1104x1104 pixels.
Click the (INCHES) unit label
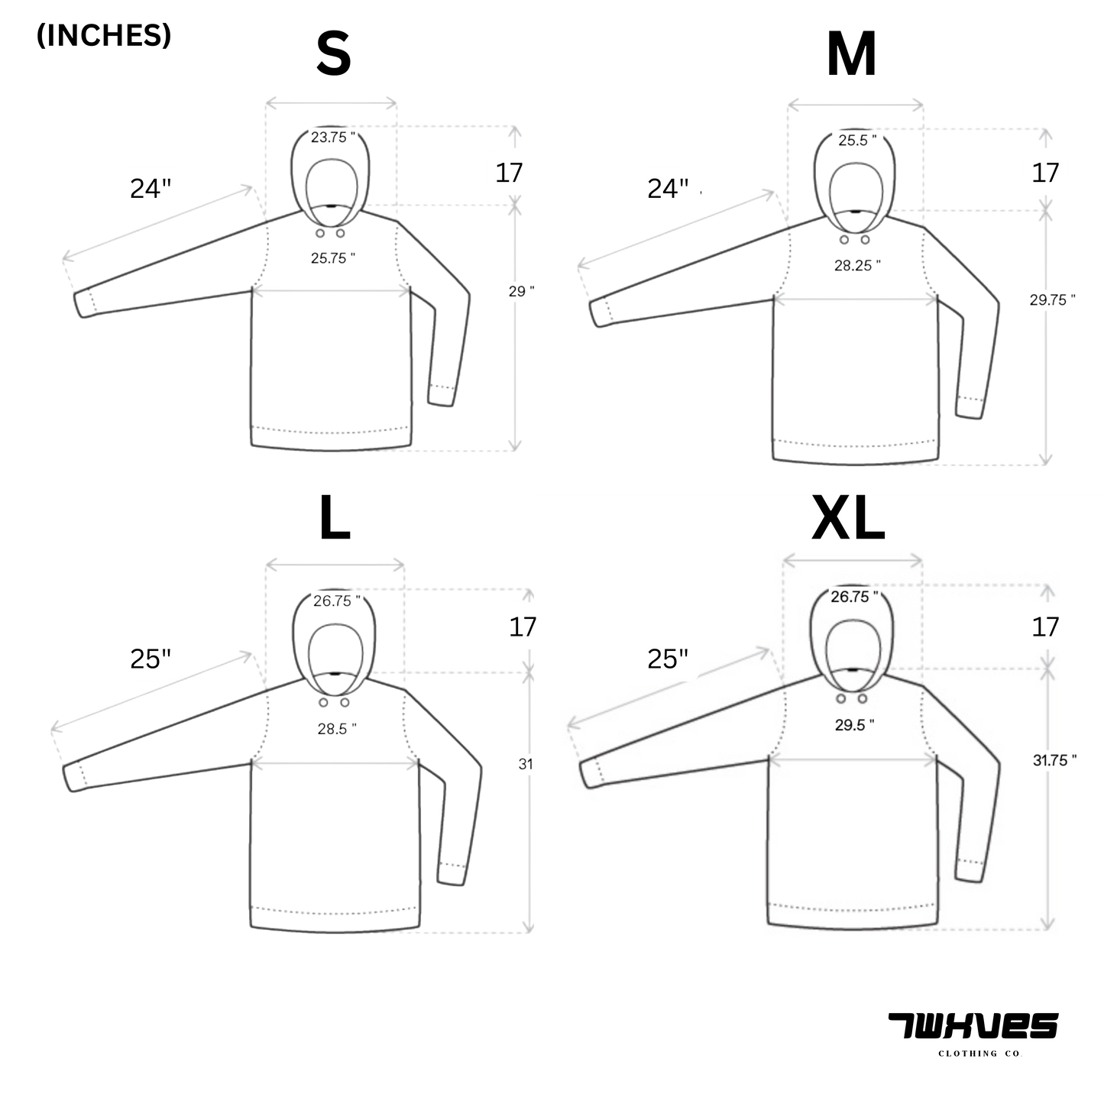[x=104, y=35]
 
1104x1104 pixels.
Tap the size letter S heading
[x=333, y=53]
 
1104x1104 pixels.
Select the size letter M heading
[x=851, y=53]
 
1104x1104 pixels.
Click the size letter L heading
[x=335, y=517]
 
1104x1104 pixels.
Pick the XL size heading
[x=849, y=518]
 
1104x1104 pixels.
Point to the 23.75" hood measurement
[x=333, y=138]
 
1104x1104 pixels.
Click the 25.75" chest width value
[x=333, y=258]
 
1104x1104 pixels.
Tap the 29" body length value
[x=521, y=291]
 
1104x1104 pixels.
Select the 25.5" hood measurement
[x=857, y=141]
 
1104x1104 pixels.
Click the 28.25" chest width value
[x=857, y=266]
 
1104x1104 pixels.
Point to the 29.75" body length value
[x=1053, y=300]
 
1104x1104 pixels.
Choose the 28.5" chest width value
[x=337, y=730]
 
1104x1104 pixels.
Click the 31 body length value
[x=526, y=764]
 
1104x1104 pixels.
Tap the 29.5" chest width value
[x=854, y=725]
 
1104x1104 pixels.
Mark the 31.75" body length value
[x=1054, y=760]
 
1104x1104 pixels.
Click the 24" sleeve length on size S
[x=151, y=189]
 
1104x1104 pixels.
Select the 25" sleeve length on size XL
[x=668, y=659]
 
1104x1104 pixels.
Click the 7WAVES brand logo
[x=973, y=1026]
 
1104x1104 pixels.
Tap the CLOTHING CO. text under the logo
[x=980, y=1053]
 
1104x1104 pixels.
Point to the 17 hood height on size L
[x=523, y=627]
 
